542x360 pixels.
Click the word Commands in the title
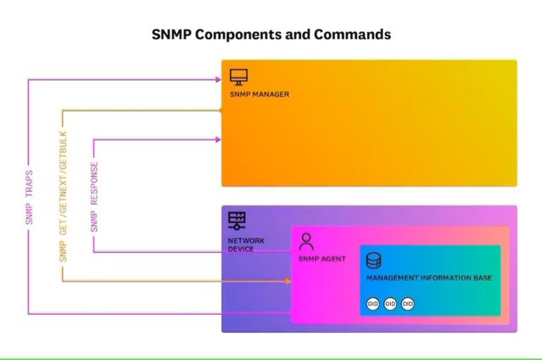pos(352,34)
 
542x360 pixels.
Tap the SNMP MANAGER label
pos(259,94)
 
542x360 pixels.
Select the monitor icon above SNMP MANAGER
pos(239,77)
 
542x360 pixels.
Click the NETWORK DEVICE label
pos(246,245)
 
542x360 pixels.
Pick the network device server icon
pos(237,221)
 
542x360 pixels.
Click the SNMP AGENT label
pos(323,259)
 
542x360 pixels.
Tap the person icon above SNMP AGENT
pos(306,241)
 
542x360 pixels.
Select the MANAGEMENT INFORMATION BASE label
pos(428,278)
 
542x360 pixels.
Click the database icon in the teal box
pos(373,261)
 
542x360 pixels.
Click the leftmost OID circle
pos(373,304)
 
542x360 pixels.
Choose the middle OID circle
pos(390,304)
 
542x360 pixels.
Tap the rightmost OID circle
pos(407,304)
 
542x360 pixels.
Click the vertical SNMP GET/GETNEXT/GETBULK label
pos(64,196)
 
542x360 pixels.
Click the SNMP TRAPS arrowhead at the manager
pos(218,80)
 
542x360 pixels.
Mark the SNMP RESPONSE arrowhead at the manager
pos(218,140)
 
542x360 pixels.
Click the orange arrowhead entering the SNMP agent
pos(288,281)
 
